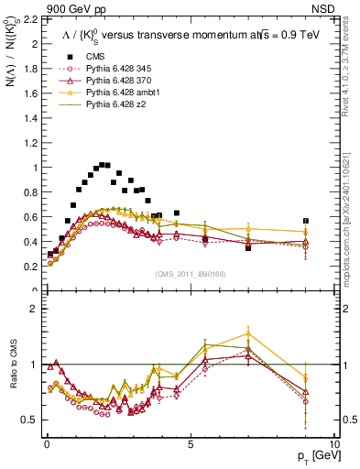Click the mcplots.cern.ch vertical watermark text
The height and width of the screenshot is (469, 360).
click(x=346, y=220)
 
